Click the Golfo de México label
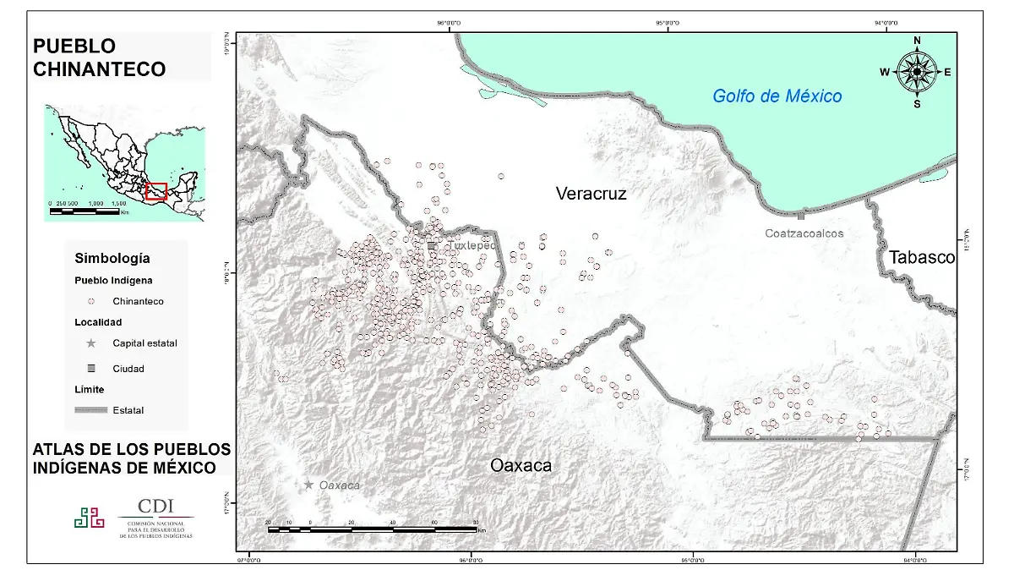777,96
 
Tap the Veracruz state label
591,194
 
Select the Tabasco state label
921,257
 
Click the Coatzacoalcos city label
804,233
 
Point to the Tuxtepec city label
470,245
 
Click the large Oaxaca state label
521,465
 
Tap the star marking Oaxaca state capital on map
309,485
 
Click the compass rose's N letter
917,41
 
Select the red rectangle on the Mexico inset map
156,191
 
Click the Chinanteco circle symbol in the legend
91,301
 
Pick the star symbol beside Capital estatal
91,343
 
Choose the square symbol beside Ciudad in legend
91,369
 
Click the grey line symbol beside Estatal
90,410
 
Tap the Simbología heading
112,258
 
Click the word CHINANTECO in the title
99,69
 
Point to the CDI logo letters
155,506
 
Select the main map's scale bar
372,529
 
